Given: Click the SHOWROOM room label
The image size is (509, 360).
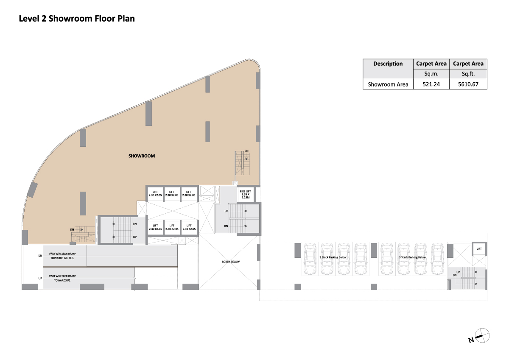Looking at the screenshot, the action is click(142, 156).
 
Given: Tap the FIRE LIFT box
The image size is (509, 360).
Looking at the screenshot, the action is click(246, 195).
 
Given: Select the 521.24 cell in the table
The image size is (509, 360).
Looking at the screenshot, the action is click(431, 84).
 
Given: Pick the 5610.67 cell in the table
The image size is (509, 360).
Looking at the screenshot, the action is click(468, 84).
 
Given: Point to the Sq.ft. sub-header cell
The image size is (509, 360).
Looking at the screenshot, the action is click(468, 74).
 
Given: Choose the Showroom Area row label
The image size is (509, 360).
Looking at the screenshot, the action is click(388, 84).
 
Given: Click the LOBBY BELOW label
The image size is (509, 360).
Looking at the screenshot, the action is click(231, 262).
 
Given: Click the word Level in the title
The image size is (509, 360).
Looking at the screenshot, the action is click(29, 19).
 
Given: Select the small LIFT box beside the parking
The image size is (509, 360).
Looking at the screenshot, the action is click(479, 249).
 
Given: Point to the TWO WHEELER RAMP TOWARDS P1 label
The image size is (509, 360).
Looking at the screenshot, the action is click(62, 278).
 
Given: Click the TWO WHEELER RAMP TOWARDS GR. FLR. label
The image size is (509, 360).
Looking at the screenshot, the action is click(62, 256).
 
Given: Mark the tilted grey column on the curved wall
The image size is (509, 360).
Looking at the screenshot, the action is click(32, 190).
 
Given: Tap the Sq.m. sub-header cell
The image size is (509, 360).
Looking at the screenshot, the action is click(431, 74).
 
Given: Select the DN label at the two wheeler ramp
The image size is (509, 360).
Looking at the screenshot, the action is click(40, 256).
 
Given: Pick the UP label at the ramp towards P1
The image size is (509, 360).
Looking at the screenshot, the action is click(40, 278).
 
